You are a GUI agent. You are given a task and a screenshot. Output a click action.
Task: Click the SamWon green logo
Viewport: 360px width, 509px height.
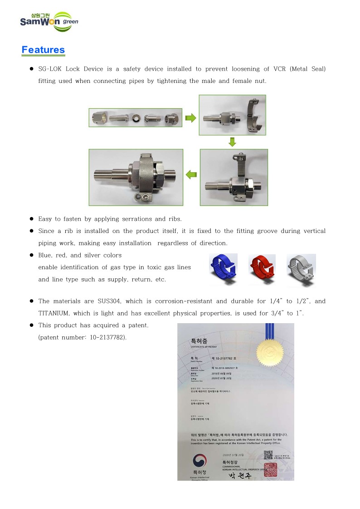tap(49, 21)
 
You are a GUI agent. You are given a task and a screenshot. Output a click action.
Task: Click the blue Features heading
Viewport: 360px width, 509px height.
tap(44, 50)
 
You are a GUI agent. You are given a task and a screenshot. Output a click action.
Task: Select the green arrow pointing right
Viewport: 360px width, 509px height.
tap(190, 118)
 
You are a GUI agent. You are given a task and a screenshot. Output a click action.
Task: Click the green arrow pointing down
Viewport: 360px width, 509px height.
tap(232, 142)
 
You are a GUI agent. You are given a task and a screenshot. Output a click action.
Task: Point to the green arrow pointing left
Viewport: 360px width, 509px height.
tap(191, 174)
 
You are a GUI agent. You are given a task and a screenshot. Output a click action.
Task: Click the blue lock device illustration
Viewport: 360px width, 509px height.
tap(224, 269)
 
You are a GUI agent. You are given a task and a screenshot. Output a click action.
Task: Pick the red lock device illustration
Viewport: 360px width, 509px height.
tap(263, 269)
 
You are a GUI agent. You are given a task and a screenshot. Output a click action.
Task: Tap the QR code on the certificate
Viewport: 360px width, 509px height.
tap(268, 456)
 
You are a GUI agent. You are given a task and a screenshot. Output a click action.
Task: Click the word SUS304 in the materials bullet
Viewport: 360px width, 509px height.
tap(109, 301)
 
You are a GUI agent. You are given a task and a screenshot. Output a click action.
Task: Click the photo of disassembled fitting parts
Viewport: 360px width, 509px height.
tap(135, 118)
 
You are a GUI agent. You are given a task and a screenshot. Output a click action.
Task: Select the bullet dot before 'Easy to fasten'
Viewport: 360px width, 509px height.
tap(32, 218)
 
